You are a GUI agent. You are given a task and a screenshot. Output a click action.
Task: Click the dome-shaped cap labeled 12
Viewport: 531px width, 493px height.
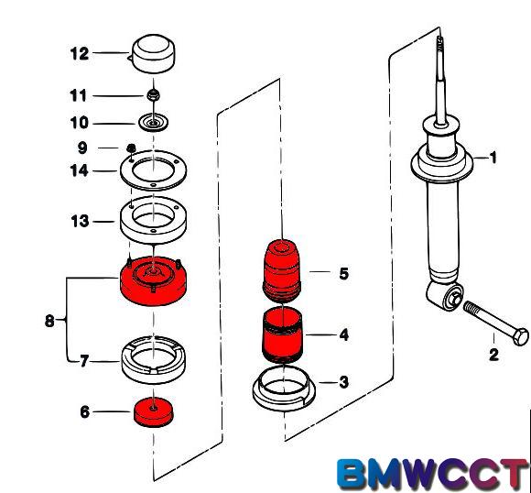pyautogui.click(x=153, y=53)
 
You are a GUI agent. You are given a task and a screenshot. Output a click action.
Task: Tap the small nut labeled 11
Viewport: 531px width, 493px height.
pyautogui.click(x=154, y=95)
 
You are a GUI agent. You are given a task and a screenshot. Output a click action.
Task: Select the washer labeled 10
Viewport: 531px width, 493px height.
pyautogui.click(x=154, y=124)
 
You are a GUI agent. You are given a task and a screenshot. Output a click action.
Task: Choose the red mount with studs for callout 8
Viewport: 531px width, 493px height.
pyautogui.click(x=154, y=281)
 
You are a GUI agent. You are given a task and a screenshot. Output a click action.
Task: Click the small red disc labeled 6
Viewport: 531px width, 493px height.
pyautogui.click(x=154, y=412)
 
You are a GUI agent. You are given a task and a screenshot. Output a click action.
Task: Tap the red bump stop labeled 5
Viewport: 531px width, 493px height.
pyautogui.click(x=282, y=270)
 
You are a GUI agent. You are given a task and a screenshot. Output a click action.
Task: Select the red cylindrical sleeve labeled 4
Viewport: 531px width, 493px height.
pyautogui.click(x=282, y=335)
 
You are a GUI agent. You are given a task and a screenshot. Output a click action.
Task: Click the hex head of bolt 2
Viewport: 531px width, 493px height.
pyautogui.click(x=521, y=336)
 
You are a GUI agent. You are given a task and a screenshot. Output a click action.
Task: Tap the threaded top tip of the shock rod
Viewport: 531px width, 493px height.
pyautogui.click(x=439, y=42)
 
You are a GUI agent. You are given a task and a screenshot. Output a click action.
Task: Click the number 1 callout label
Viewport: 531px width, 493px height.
pyautogui.click(x=493, y=158)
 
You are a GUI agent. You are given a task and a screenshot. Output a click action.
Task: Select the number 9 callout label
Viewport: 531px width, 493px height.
pyautogui.click(x=82, y=148)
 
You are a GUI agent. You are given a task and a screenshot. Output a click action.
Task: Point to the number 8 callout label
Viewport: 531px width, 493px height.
pyautogui.click(x=49, y=321)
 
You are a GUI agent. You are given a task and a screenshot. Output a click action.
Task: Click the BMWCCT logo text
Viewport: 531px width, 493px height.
pyautogui.click(x=433, y=474)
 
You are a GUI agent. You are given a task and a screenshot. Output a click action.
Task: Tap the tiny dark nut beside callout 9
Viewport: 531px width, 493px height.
pyautogui.click(x=131, y=148)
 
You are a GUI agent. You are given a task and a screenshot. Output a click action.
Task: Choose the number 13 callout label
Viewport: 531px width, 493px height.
pyautogui.click(x=80, y=221)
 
